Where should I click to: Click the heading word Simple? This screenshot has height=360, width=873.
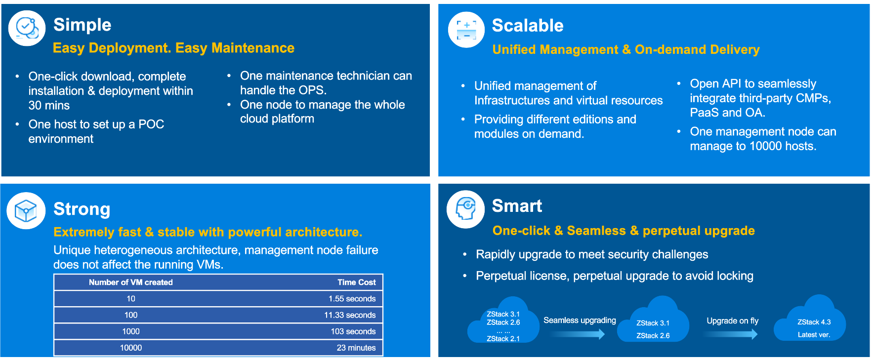coord(82,25)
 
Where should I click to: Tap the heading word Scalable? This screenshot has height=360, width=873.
coord(528,26)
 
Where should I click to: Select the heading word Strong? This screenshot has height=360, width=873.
coord(82,209)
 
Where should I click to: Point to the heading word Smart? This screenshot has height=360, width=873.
coord(517,206)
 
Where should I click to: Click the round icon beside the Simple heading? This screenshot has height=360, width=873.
coord(27,28)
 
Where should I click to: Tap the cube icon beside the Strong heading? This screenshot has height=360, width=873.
coord(26,211)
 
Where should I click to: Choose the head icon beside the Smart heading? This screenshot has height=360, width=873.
coord(465,209)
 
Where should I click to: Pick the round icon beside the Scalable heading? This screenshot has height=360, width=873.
coord(466,30)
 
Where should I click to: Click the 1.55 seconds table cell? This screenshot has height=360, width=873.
coord(352,299)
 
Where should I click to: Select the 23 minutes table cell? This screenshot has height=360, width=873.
coord(356,348)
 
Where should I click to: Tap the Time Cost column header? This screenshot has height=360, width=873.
coord(357,282)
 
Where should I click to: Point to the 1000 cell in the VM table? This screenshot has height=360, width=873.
coord(131,331)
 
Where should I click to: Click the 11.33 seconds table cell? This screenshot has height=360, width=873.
coord(350,315)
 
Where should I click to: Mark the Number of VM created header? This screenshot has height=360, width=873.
coord(131,282)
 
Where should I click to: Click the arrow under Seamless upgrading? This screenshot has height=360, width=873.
coord(577,334)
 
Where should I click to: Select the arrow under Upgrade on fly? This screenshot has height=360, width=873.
coord(730,334)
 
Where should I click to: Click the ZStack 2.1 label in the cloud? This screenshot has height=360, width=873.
coord(503,339)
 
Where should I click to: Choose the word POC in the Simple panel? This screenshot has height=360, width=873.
coord(151,124)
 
